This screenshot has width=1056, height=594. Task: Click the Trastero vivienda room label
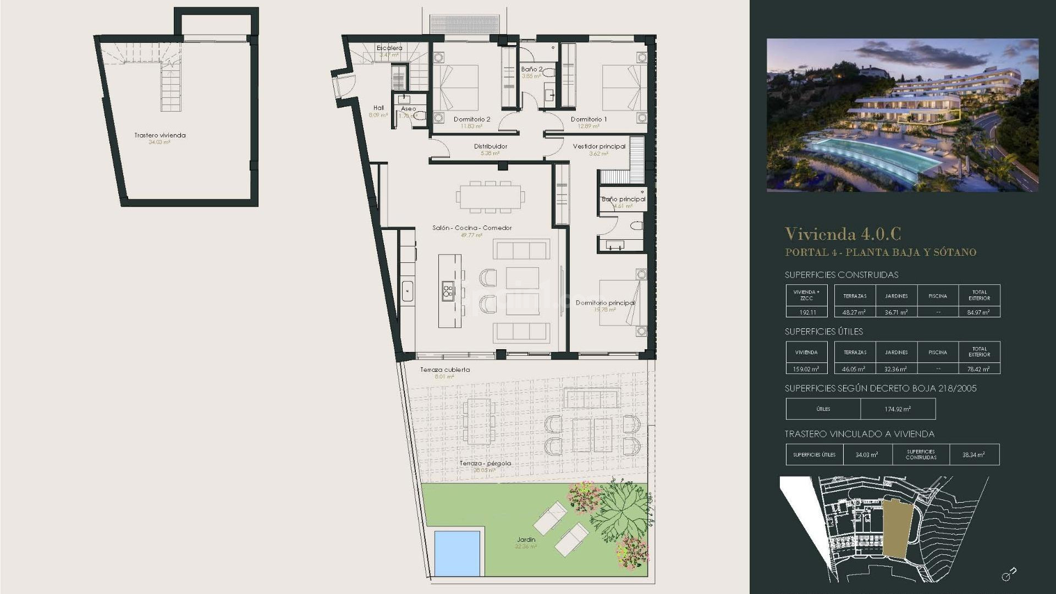160,135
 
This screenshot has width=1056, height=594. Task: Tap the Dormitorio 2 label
471,119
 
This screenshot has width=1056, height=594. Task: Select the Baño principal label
623,199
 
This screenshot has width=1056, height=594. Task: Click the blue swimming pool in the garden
457,553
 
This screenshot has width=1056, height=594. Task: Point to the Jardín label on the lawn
526,540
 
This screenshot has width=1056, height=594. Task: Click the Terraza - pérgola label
485,464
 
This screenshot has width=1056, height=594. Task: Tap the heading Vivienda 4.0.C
843,234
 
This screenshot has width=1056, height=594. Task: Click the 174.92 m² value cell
898,409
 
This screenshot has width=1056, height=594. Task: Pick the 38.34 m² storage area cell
974,455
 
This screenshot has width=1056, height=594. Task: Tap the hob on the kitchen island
447,291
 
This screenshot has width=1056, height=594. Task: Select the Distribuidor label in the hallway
491,146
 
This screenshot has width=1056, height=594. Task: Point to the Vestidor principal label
599,146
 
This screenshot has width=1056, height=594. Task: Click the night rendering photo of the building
902,115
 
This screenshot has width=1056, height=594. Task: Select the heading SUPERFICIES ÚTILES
823,332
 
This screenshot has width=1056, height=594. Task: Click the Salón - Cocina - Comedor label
472,228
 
